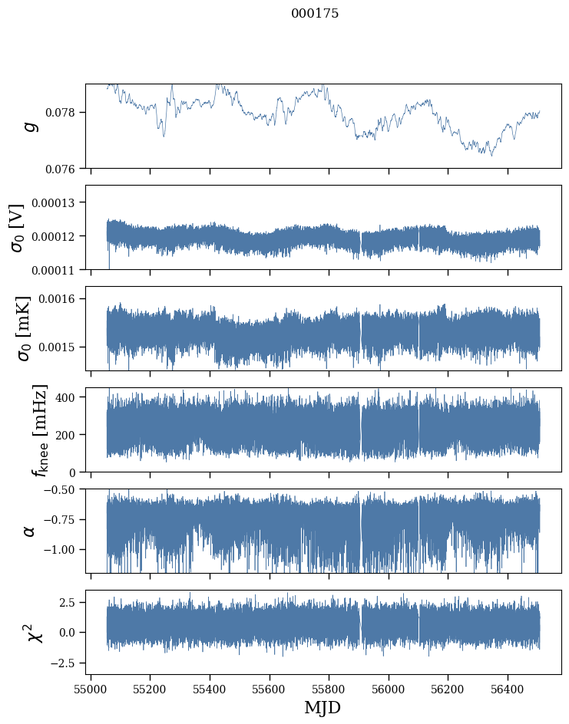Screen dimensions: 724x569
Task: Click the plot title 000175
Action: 315,14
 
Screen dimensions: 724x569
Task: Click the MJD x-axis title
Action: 323,708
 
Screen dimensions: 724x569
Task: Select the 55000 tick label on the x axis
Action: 91,689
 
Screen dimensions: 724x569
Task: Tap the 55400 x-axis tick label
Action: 210,689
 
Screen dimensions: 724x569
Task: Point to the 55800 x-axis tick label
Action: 329,689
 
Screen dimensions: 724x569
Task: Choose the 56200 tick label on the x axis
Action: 448,689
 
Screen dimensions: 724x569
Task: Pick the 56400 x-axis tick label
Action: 508,689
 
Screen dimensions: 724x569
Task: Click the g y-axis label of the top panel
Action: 31,126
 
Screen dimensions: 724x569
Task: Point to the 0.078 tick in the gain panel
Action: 64,113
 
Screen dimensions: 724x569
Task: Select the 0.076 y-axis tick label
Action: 64,169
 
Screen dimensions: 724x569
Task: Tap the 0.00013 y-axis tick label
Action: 58,202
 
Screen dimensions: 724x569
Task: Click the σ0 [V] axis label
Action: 18,227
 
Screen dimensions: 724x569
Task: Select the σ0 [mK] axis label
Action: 18,328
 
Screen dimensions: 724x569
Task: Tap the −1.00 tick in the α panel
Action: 61,550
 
